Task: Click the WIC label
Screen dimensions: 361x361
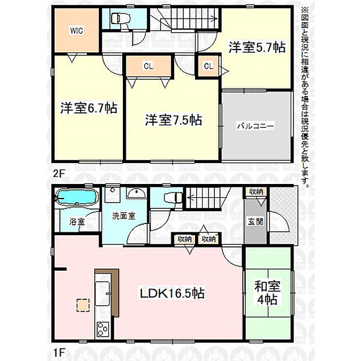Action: coord(76,31)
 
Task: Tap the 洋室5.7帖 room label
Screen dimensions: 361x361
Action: coord(257,47)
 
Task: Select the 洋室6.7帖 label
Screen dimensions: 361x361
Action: coord(89,108)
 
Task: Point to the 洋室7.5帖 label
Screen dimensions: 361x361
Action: coord(174,120)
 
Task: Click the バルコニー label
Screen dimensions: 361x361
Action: coord(256,126)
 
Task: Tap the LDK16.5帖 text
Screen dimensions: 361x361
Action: coord(172,293)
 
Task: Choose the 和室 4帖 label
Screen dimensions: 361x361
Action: coord(267,293)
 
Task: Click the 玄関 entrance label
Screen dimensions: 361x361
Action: coord(256,222)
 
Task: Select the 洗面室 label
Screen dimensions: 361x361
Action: coord(123,215)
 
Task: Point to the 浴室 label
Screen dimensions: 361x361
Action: coord(77,222)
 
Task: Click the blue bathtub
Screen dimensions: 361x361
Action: coord(77,197)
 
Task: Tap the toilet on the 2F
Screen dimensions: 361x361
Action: coord(121,19)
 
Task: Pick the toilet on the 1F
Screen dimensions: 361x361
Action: coord(173,197)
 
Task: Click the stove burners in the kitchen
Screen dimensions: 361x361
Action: coord(102,330)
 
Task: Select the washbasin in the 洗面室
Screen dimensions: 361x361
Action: coord(136,194)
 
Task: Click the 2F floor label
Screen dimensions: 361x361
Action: coord(58,174)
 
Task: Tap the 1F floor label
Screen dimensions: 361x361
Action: coord(58,353)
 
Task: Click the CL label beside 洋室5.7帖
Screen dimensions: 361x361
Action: coord(208,66)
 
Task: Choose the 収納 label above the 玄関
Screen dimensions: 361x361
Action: coord(256,192)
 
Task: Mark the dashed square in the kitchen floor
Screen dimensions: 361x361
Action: coord(83,305)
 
